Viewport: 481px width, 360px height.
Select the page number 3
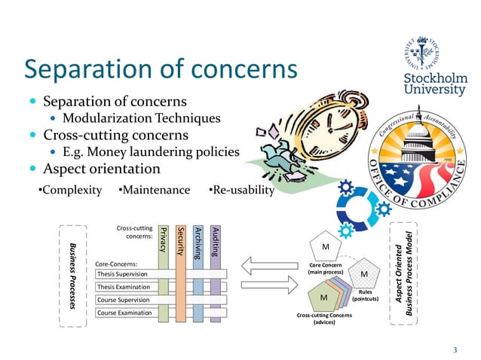click(455, 349)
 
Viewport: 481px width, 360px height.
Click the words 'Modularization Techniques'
click(141, 118)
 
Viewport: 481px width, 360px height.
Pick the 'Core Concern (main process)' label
click(326, 269)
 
